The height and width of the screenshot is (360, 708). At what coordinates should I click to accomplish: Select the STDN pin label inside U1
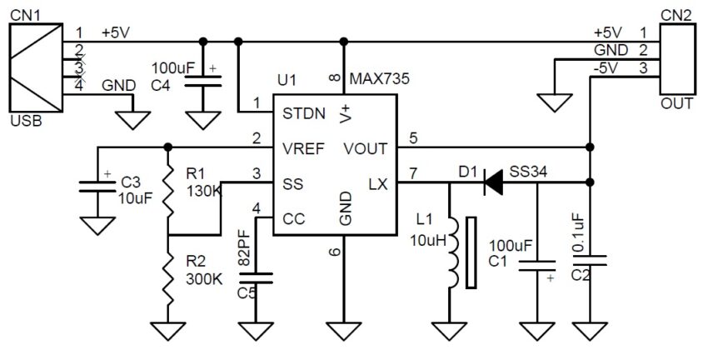click(303, 112)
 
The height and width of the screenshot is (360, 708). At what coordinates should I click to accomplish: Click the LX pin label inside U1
click(377, 182)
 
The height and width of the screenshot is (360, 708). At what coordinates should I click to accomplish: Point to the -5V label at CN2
click(607, 68)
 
